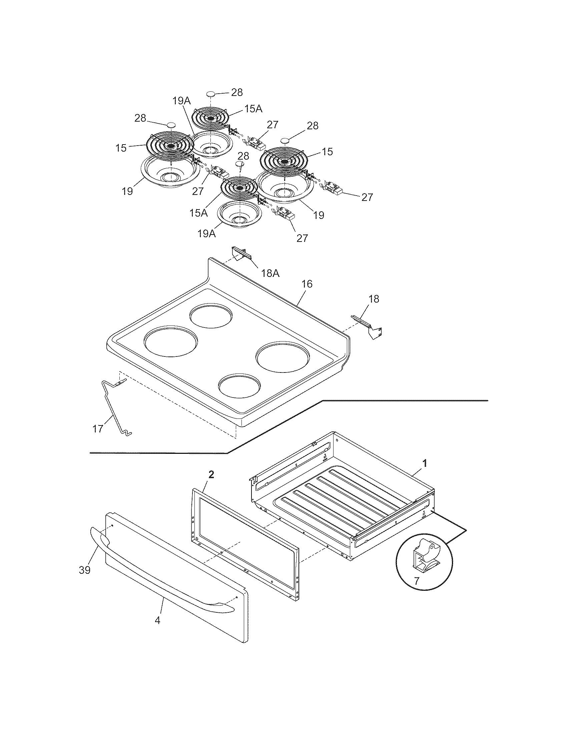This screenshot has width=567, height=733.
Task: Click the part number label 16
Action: (x=307, y=284)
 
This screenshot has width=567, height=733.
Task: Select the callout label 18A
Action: (x=270, y=273)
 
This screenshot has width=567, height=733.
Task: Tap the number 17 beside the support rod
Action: (x=98, y=428)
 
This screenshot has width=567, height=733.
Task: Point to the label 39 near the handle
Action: (x=85, y=570)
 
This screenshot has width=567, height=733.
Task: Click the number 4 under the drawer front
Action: (x=157, y=620)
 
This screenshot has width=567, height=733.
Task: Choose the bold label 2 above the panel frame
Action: (x=211, y=474)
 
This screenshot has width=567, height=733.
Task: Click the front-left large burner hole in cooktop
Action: (x=171, y=341)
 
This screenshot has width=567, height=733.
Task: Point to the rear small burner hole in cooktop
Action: (x=210, y=316)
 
